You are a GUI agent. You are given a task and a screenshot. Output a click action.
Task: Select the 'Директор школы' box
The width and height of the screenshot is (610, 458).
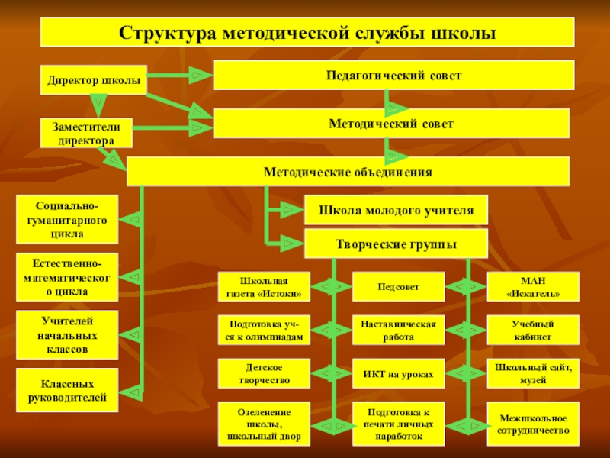point(94,79)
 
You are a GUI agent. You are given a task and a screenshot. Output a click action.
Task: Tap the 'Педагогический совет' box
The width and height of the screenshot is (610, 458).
point(393,76)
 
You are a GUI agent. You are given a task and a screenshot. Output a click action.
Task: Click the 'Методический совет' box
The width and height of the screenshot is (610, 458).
point(390,123)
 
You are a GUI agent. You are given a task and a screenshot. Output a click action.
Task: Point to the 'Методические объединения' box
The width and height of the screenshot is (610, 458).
point(348,172)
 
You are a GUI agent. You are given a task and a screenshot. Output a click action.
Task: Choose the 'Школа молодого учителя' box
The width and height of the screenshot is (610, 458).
point(396,209)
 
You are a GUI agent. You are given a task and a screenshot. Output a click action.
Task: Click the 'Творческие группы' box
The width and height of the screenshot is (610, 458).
point(396,244)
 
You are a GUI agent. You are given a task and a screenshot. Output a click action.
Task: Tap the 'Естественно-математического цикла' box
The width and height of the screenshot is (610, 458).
point(68,276)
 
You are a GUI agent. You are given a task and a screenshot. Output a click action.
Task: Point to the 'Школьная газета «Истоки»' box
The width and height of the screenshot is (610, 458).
point(264,286)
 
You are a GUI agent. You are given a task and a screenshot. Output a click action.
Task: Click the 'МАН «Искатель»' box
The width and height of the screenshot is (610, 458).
point(533,286)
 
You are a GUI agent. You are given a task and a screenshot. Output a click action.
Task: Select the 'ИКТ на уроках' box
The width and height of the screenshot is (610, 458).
point(398,374)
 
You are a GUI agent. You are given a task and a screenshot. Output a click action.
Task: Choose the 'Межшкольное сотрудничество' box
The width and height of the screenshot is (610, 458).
point(533,424)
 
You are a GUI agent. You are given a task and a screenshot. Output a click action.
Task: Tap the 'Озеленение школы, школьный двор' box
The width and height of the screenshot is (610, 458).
point(264,424)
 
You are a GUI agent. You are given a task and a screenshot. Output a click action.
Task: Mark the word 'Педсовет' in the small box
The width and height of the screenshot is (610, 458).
point(398,286)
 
